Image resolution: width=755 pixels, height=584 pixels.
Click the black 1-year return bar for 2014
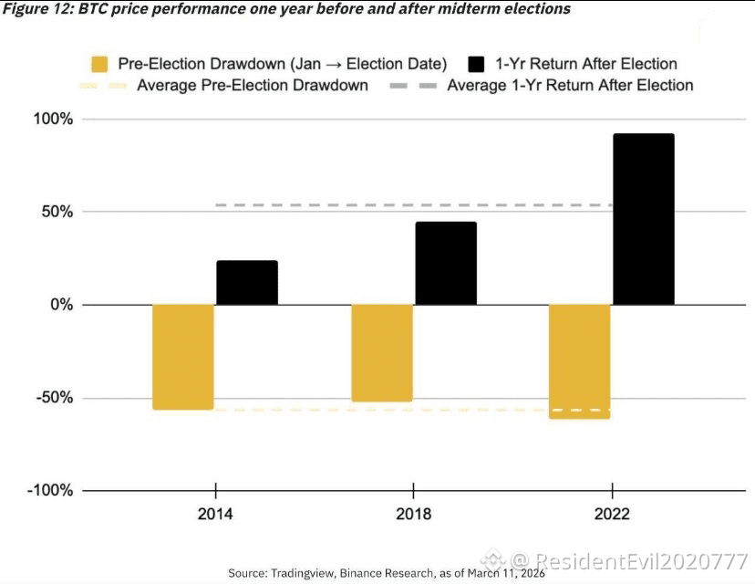tap(247, 282)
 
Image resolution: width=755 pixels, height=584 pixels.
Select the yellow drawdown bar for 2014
tap(183, 357)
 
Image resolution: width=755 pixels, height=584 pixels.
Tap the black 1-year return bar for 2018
tap(446, 263)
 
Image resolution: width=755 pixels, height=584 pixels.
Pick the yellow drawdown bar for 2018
tap(382, 353)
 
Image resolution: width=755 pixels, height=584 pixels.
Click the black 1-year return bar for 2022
tap(644, 219)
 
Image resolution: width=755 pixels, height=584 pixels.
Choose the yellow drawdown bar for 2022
tap(580, 361)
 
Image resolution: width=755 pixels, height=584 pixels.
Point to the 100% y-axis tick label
tap(53, 119)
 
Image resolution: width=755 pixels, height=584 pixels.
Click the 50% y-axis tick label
tap(57, 212)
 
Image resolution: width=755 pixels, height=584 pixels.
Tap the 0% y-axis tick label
tap(62, 305)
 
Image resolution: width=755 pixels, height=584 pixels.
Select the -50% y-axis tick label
tap(55, 398)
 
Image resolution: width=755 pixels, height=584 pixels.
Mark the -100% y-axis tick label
tap(50, 491)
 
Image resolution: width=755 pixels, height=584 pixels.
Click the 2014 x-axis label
tap(215, 514)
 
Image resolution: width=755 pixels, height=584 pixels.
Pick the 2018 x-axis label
tap(414, 514)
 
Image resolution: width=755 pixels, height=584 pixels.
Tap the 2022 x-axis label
tap(612, 514)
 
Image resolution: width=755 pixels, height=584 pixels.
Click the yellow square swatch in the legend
tap(99, 64)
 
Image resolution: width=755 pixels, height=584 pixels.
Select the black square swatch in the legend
tap(476, 64)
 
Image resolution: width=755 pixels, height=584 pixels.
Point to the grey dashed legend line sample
tap(413, 86)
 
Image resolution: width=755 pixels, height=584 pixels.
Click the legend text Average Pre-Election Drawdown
tap(253, 85)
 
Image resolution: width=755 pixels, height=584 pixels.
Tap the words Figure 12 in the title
tap(36, 9)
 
